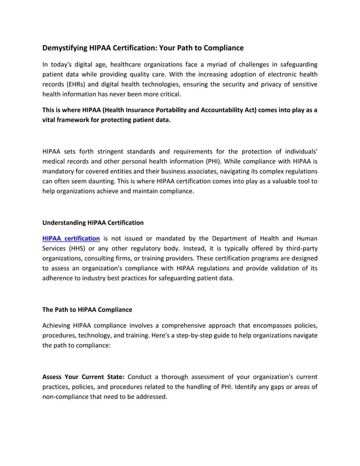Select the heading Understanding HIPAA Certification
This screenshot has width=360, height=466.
point(93,222)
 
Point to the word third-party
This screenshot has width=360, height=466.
point(297,249)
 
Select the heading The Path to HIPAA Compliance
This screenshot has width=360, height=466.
point(87,310)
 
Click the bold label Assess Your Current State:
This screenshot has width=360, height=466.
point(84,377)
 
